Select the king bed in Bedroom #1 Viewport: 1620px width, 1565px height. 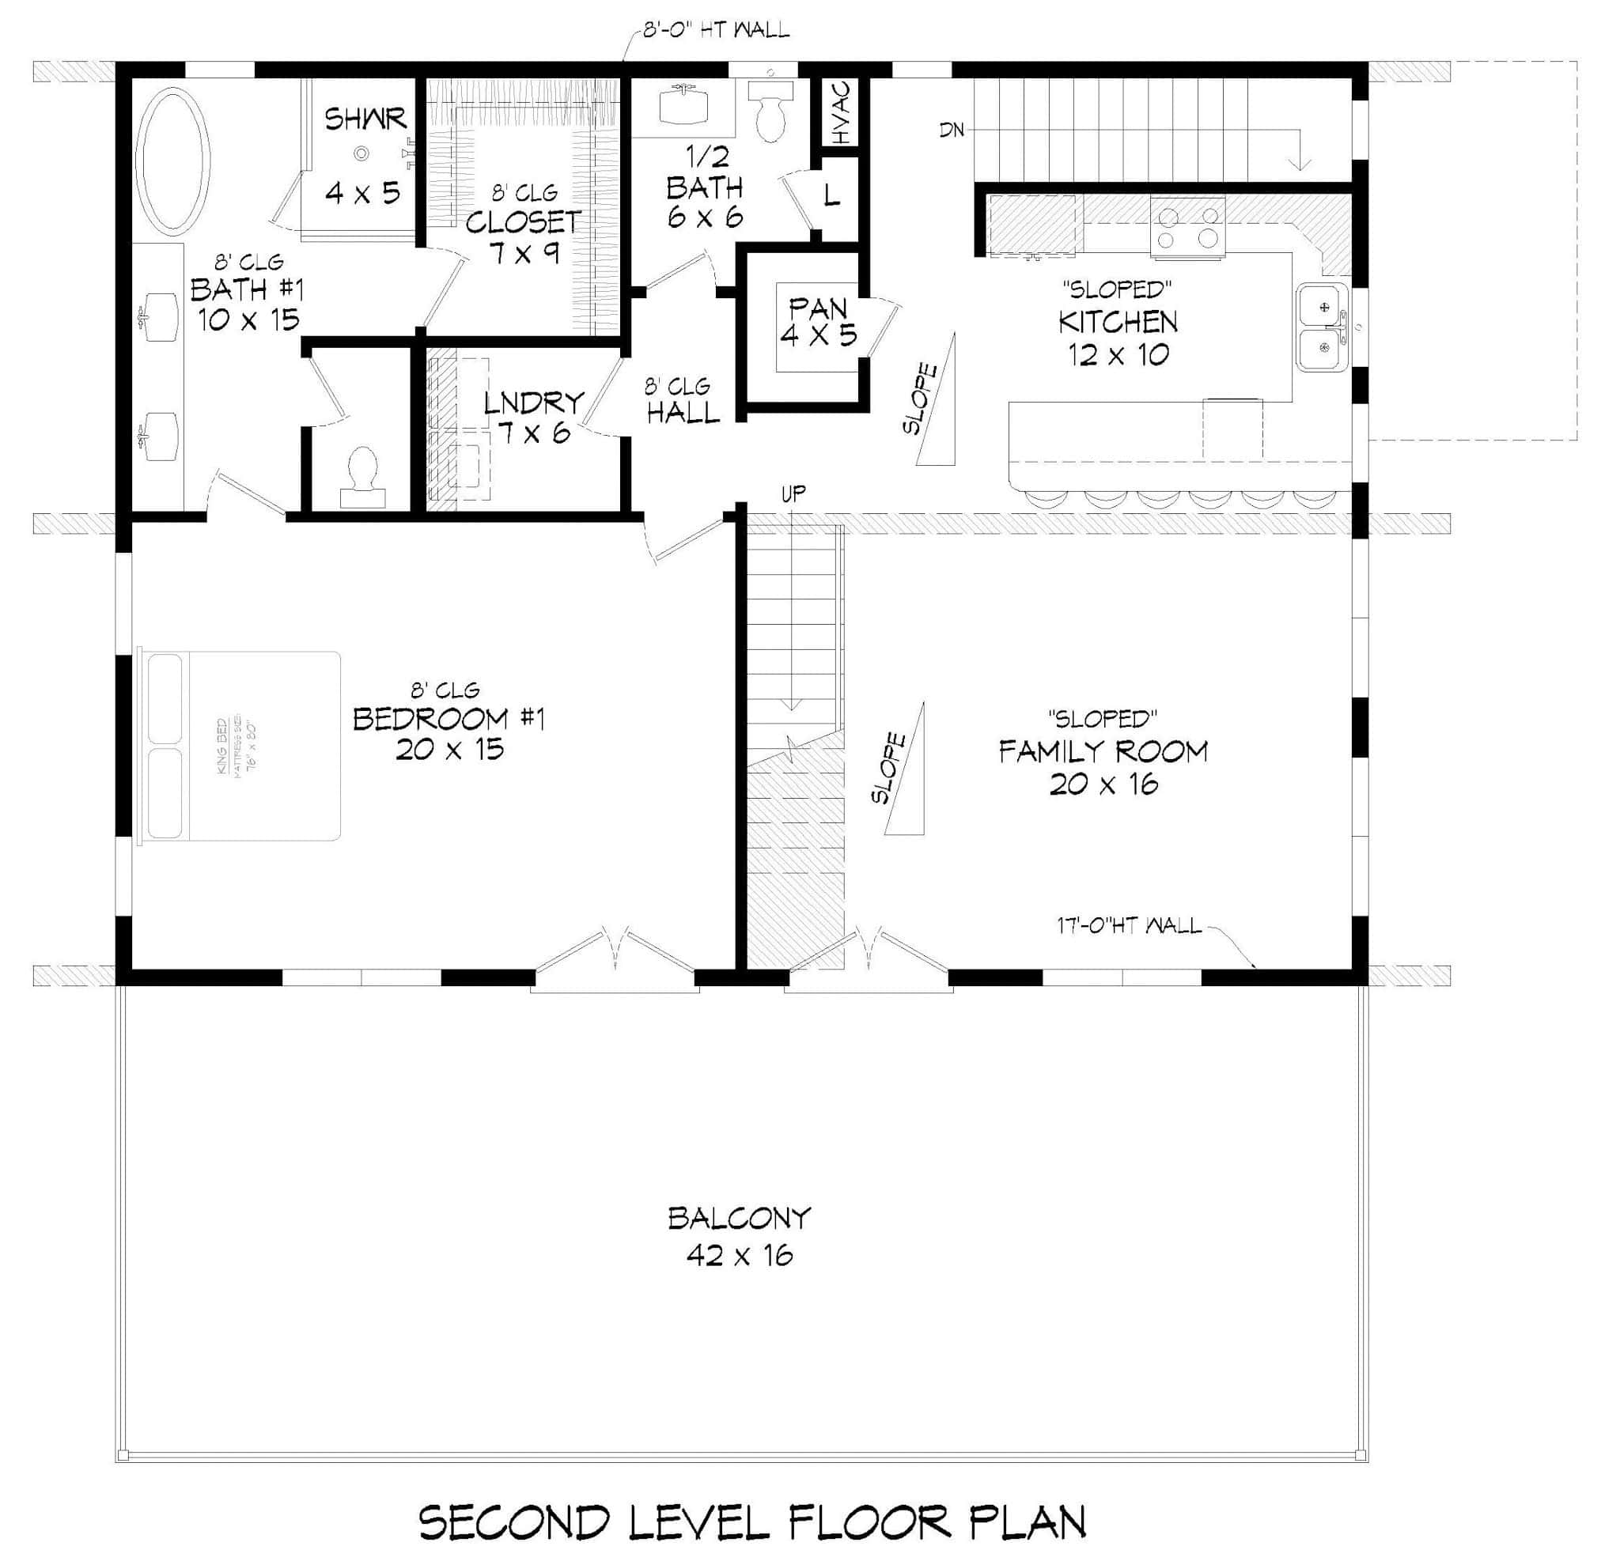pyautogui.click(x=241, y=747)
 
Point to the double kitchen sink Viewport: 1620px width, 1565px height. pyautogui.click(x=1323, y=328)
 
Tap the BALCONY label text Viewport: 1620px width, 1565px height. pyautogui.click(x=739, y=1218)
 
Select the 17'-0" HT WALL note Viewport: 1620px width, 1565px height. pyautogui.click(x=1128, y=925)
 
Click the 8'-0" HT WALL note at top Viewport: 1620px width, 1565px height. pyautogui.click(x=716, y=32)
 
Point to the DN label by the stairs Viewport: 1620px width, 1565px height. pyautogui.click(x=952, y=130)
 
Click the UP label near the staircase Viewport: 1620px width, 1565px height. pyautogui.click(x=793, y=494)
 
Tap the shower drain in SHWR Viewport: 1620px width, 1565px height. pyautogui.click(x=361, y=153)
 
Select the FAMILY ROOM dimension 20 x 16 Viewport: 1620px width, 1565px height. pyautogui.click(x=1103, y=784)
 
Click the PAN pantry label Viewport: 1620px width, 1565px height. pyautogui.click(x=818, y=309)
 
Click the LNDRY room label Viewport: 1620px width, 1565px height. pyautogui.click(x=533, y=403)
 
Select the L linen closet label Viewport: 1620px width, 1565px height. pyautogui.click(x=831, y=196)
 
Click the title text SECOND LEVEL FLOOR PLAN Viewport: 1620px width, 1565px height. pyautogui.click(x=752, y=1522)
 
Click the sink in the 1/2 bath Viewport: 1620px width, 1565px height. pyautogui.click(x=683, y=105)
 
